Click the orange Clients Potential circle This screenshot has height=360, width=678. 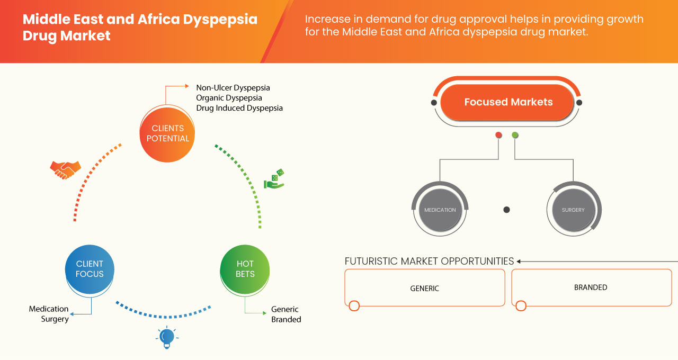(x=167, y=133)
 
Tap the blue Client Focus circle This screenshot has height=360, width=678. (x=90, y=269)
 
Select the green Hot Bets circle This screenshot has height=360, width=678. (x=245, y=269)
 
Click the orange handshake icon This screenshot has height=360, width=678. (x=65, y=169)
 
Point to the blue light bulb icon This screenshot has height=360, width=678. (x=167, y=337)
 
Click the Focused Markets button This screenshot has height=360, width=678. (x=508, y=102)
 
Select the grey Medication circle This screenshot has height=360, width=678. (x=440, y=210)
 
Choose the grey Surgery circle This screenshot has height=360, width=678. (x=573, y=210)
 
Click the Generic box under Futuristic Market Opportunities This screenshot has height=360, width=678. (x=425, y=288)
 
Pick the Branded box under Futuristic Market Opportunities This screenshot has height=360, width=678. (x=591, y=287)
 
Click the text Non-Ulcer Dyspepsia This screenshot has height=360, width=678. (x=233, y=88)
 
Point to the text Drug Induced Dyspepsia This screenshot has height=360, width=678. (x=239, y=108)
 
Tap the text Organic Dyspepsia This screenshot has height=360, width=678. (x=229, y=98)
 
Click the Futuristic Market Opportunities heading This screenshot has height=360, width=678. (x=429, y=261)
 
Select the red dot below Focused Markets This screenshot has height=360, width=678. (x=498, y=135)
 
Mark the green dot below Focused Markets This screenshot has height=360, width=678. (x=515, y=135)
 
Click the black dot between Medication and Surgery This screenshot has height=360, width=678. (x=506, y=210)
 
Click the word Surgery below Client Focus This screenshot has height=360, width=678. (x=55, y=319)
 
